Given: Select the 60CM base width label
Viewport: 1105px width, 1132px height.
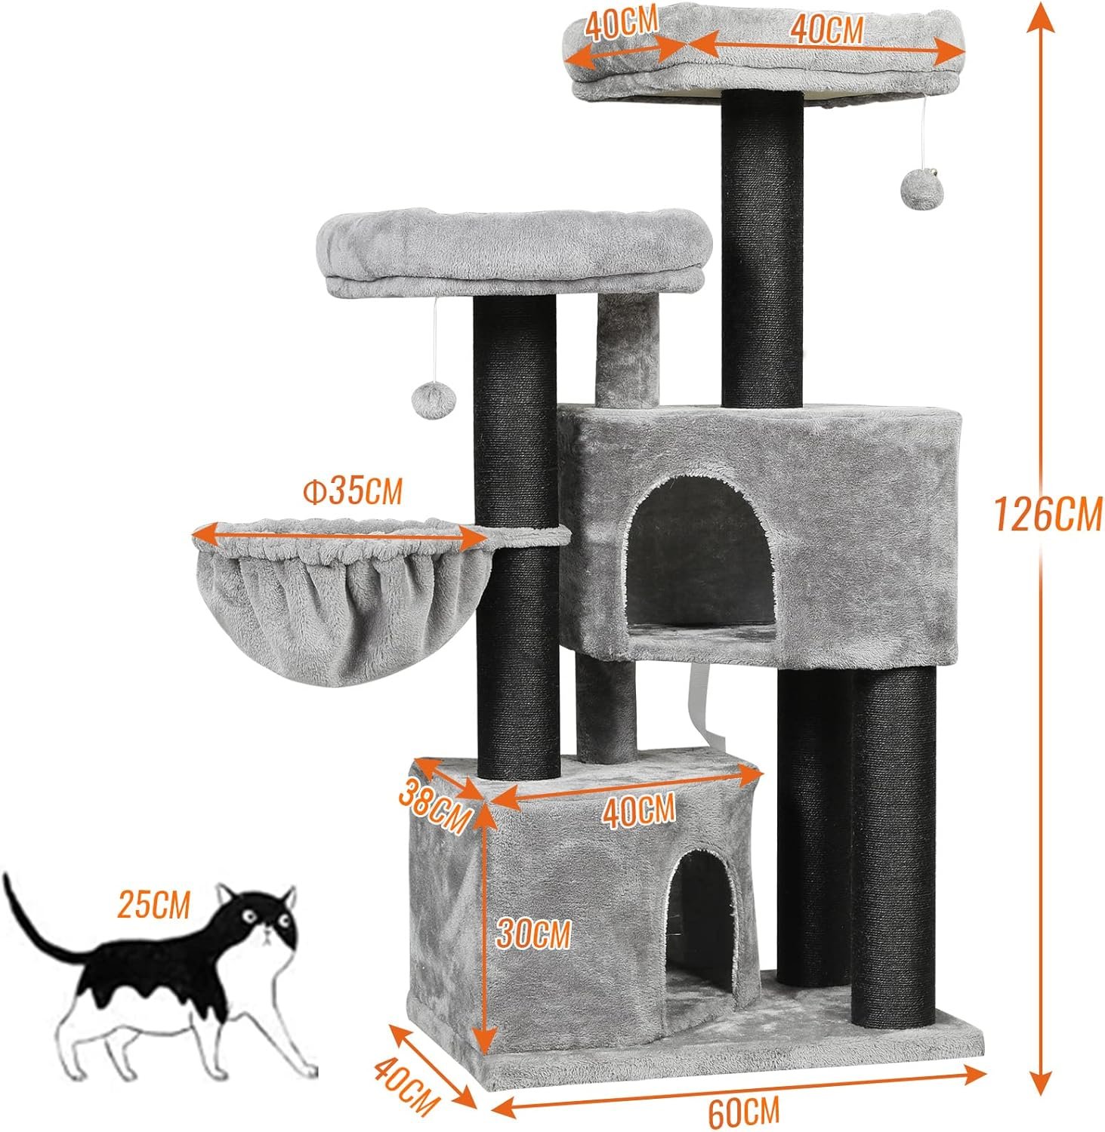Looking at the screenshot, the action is click(744, 1112).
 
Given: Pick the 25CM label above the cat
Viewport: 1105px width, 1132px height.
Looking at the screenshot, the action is click(153, 903).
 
